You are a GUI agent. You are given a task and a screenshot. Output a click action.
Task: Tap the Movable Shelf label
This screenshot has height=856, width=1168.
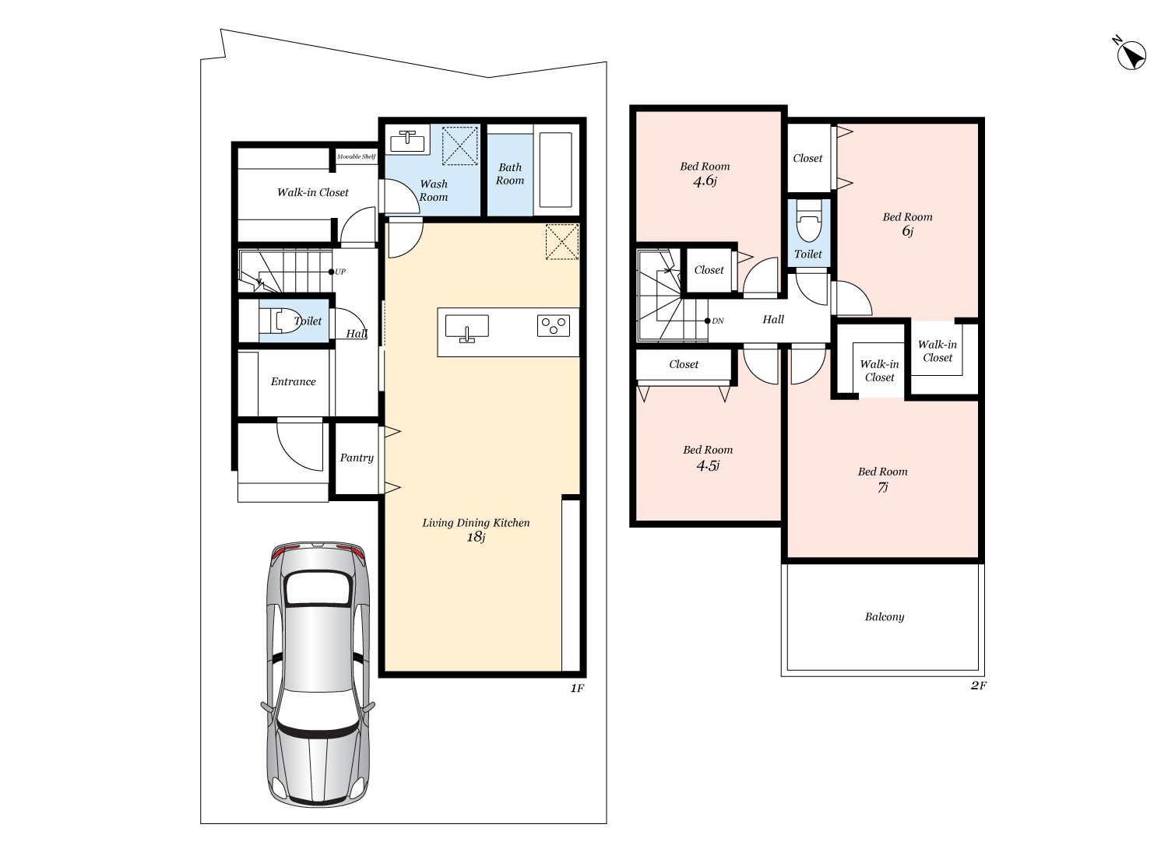(x=356, y=156)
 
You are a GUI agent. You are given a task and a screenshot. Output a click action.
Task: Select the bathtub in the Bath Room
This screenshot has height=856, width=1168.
(x=556, y=170)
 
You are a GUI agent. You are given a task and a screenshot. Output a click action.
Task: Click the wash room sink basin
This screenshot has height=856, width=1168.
(x=407, y=141)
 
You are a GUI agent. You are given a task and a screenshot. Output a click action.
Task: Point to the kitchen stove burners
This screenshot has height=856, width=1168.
(x=553, y=325)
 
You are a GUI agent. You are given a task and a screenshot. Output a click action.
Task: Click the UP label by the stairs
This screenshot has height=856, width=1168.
(x=340, y=272)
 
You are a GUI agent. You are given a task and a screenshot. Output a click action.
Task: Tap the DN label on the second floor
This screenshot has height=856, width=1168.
(x=718, y=321)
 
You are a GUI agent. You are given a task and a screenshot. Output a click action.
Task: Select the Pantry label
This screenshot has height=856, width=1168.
(x=357, y=458)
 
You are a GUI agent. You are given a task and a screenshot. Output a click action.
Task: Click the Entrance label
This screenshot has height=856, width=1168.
(x=293, y=381)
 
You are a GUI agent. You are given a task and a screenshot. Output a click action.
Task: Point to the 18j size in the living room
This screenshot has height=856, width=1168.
(x=476, y=537)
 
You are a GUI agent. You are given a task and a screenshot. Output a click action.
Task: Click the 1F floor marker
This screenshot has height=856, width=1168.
(x=577, y=688)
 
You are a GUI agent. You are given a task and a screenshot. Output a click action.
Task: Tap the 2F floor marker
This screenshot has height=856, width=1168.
(x=979, y=686)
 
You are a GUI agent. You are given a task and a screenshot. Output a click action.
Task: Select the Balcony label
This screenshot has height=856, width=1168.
(x=885, y=617)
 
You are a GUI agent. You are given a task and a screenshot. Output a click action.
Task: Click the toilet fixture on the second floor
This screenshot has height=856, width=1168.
(x=809, y=222)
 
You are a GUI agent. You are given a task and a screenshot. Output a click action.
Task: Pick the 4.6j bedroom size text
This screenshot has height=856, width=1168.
(x=705, y=181)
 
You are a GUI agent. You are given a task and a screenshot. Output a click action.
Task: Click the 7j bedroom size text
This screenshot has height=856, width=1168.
(x=883, y=487)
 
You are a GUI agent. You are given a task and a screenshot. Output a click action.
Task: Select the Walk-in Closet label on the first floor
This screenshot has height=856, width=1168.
(x=313, y=192)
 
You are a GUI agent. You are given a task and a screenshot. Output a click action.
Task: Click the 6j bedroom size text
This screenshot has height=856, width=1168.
(x=908, y=231)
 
